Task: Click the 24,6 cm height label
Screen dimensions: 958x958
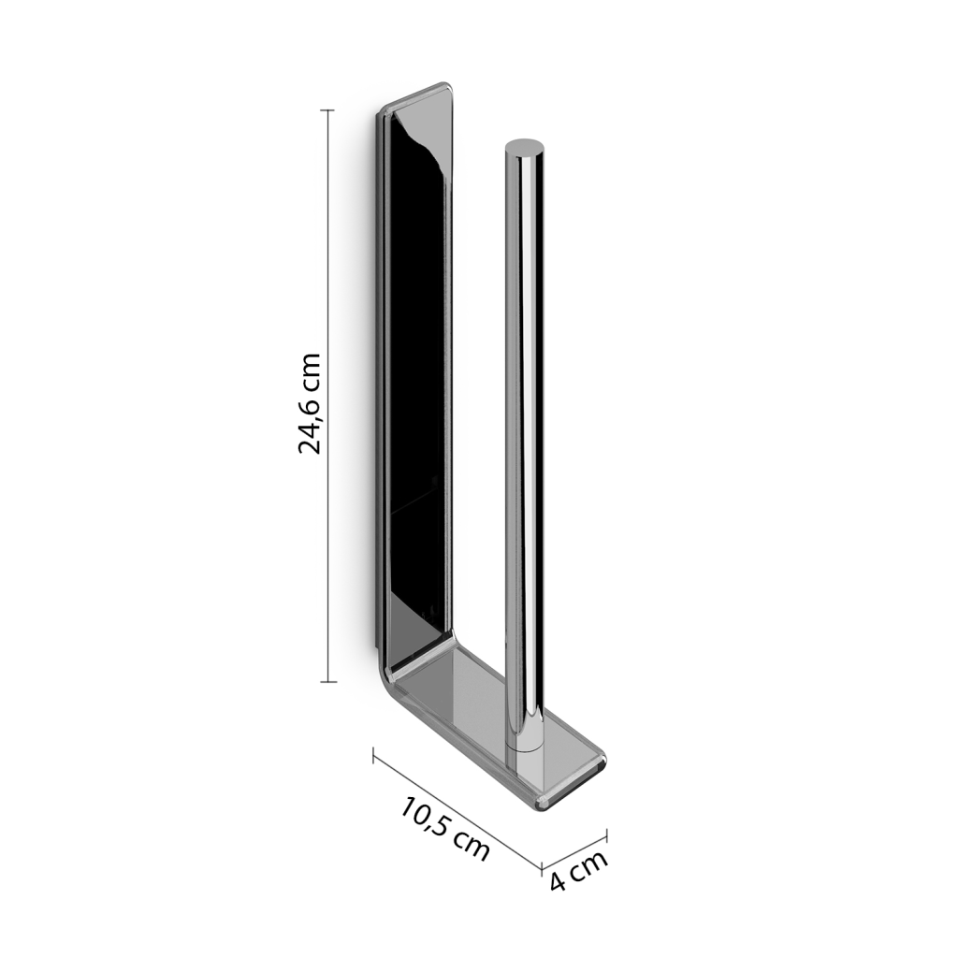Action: click(x=309, y=404)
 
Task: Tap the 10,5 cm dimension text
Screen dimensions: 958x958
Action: click(x=445, y=829)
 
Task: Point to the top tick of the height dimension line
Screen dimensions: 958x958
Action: click(x=327, y=110)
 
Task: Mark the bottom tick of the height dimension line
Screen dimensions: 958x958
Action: click(x=328, y=681)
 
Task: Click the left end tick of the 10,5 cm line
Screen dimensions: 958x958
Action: click(x=373, y=755)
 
